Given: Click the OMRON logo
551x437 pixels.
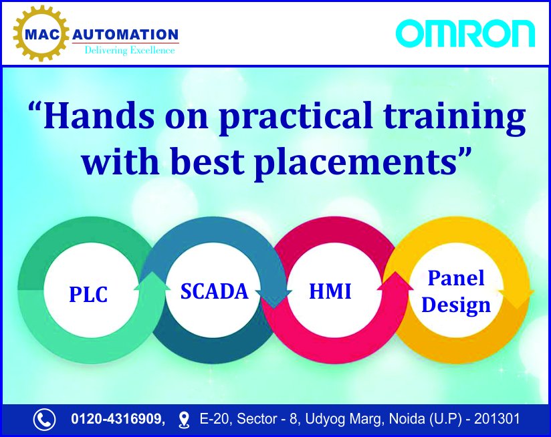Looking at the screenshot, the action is click(x=465, y=33).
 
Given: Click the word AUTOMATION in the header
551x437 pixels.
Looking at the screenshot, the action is click(x=126, y=35).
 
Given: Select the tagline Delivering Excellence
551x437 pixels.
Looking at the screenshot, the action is click(x=130, y=50).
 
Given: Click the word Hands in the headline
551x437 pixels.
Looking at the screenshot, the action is click(x=99, y=116).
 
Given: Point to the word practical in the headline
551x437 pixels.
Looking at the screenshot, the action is click(x=295, y=118).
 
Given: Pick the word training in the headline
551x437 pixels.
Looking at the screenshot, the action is click(x=454, y=118).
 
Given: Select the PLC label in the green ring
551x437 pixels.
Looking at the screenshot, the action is click(x=88, y=294).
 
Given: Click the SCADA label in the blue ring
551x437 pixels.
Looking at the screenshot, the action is click(x=215, y=291).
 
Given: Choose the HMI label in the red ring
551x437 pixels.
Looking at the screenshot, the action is click(x=330, y=291).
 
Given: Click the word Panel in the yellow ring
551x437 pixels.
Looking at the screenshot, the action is click(x=456, y=278).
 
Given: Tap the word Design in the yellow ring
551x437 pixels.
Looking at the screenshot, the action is click(x=456, y=305).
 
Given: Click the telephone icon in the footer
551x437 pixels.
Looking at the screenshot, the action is click(x=44, y=420).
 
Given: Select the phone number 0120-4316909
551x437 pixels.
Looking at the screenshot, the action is click(x=118, y=419).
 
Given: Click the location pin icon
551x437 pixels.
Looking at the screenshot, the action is click(x=184, y=420).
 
